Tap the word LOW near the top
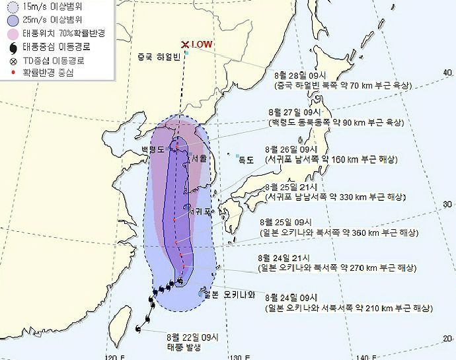point(201,44)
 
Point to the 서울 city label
point(198,159)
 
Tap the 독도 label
point(247,159)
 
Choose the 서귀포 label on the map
point(199,212)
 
